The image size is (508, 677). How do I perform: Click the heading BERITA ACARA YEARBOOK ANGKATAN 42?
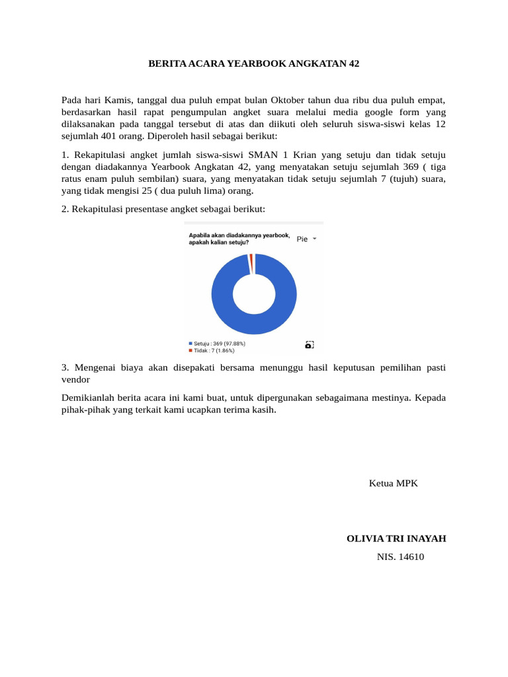pos(253,63)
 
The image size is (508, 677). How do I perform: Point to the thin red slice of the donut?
pos(251,262)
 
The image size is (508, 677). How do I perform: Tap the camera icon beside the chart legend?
pos(309,344)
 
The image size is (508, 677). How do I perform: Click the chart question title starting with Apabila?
pos(239,239)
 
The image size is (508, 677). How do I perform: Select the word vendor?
pos(75,379)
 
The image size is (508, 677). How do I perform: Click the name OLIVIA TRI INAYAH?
pos(396,539)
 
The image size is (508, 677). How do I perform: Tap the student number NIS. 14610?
pos(400,557)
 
